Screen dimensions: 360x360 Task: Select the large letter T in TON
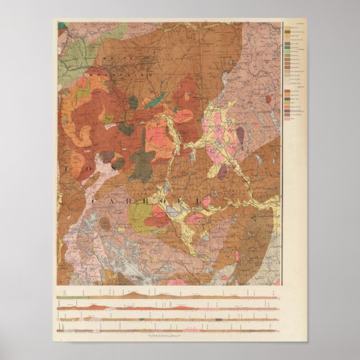click(x=69, y=168)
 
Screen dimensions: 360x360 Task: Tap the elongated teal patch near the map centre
click(x=155, y=101)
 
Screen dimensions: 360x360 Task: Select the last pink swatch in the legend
click(x=287, y=119)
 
